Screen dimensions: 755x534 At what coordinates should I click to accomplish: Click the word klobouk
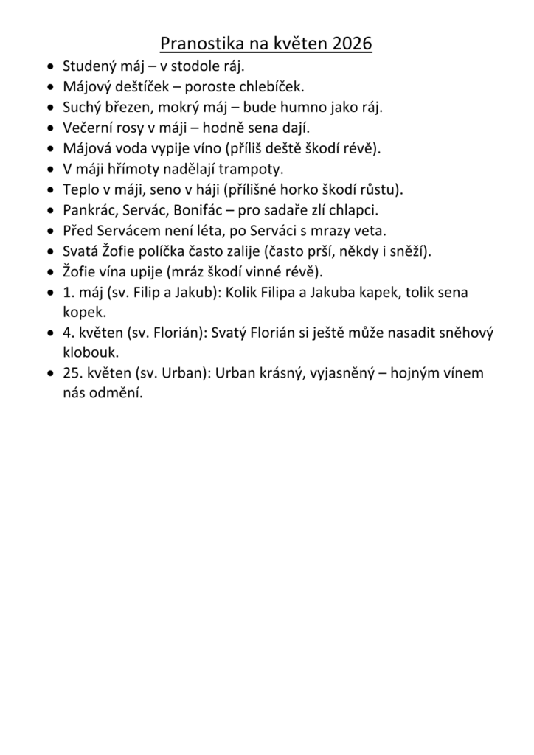coord(91,352)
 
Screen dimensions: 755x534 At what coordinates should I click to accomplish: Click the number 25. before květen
coord(72,373)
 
